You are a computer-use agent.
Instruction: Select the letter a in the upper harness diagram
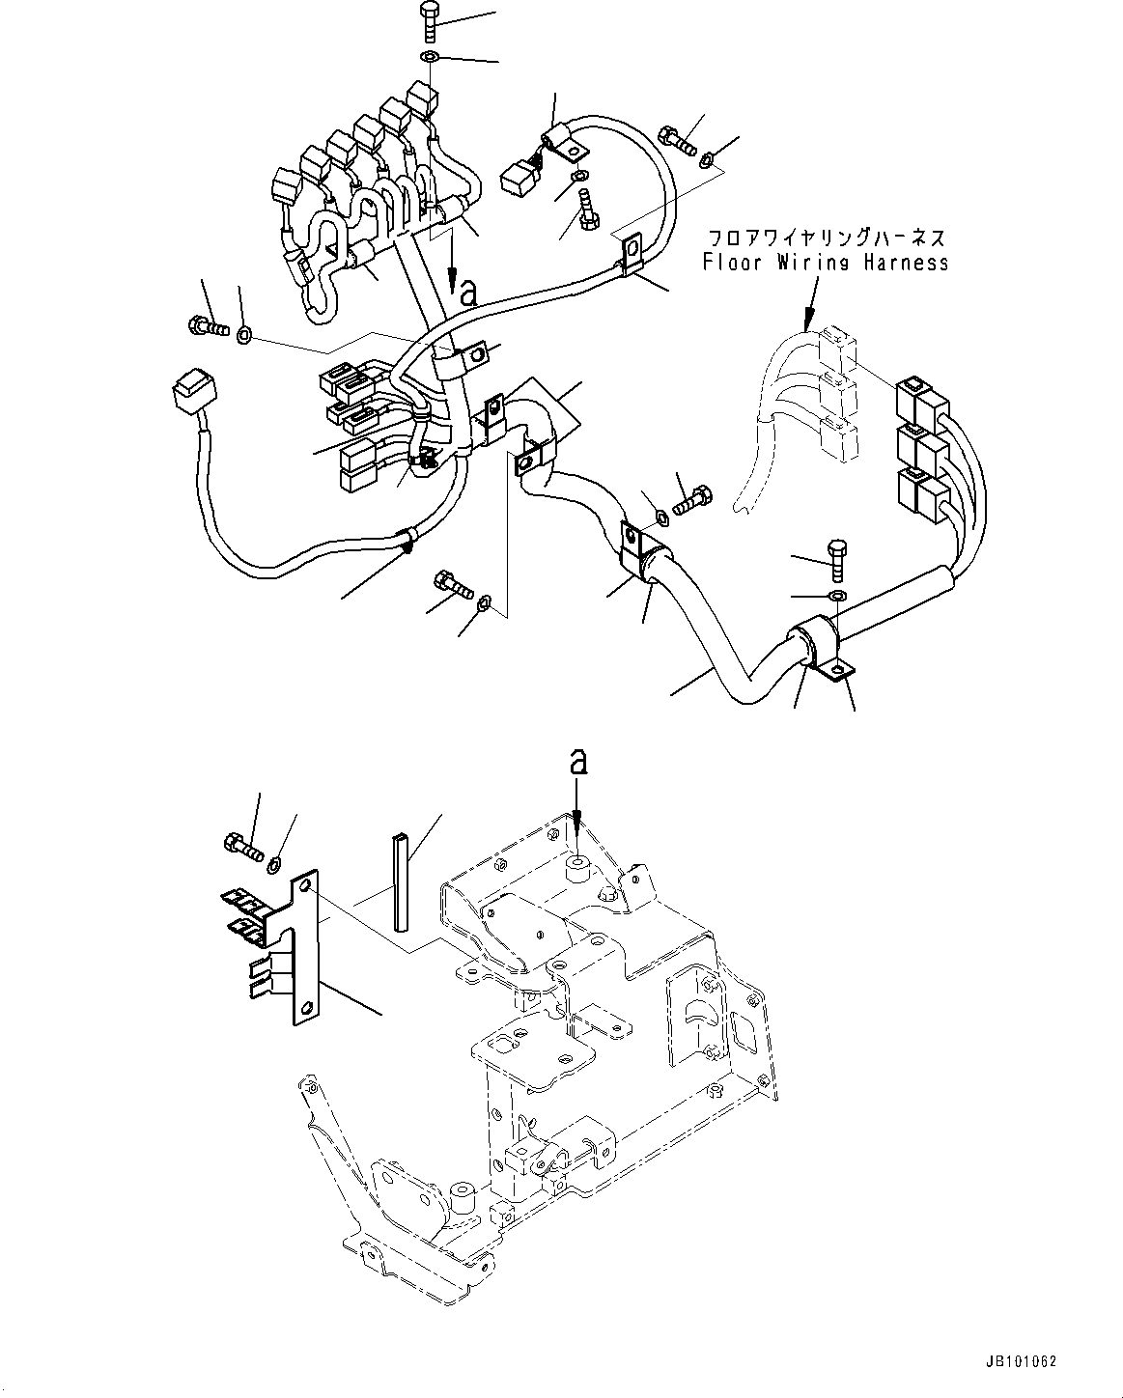(x=469, y=294)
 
